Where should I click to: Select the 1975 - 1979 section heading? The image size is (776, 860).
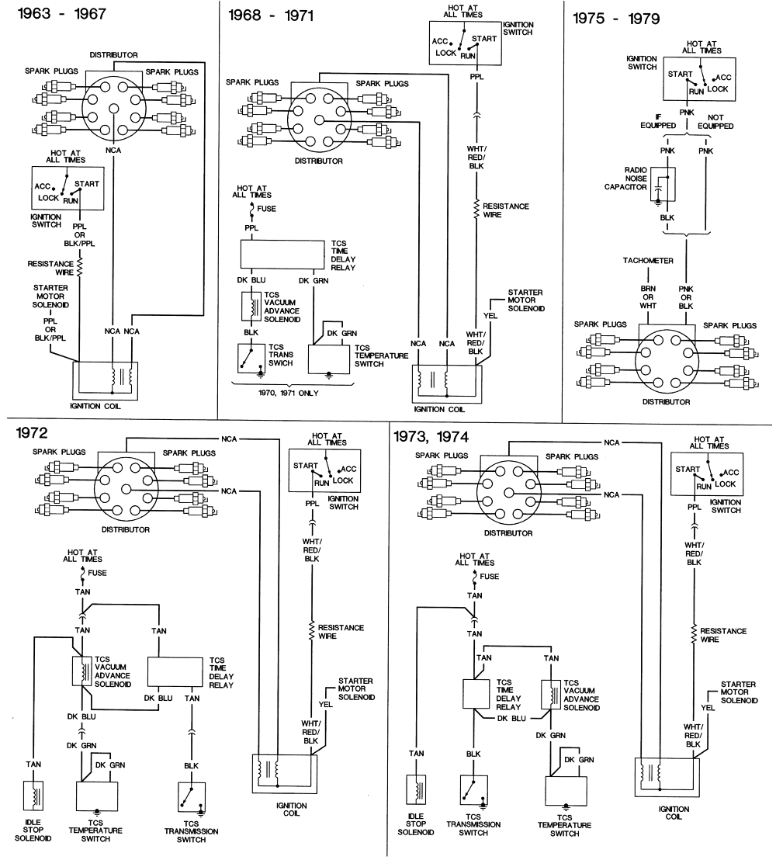click(x=616, y=19)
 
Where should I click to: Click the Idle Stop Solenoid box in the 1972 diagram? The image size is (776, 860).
click(x=34, y=796)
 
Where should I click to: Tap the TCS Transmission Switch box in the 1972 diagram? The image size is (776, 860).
click(x=189, y=795)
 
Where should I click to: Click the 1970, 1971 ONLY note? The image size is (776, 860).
click(x=288, y=393)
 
